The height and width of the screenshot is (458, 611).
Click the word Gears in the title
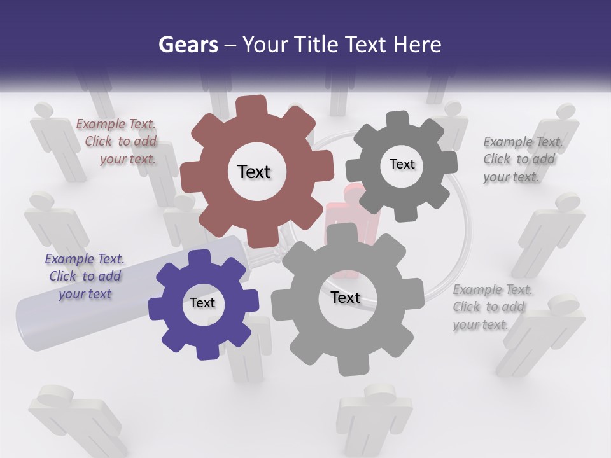[x=188, y=45]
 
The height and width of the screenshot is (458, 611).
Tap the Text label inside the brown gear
[x=254, y=172]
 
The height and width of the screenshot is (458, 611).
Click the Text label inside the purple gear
[x=202, y=303]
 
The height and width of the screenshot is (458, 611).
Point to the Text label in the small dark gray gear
[x=402, y=164]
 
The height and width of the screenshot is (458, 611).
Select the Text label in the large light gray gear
[x=345, y=298]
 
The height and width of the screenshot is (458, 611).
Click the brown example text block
[x=118, y=142]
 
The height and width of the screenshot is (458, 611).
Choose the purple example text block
[x=85, y=276]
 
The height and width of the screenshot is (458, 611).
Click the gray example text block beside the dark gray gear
[x=521, y=159]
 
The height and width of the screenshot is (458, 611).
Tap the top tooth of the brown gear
[x=253, y=105]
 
